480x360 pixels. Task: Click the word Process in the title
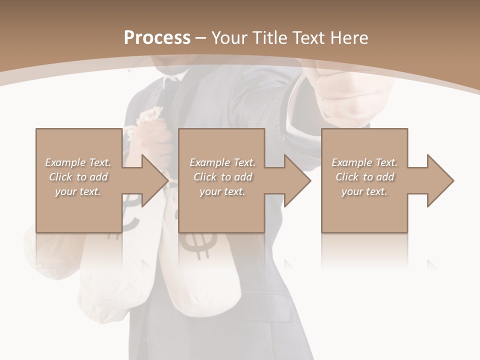[157, 37]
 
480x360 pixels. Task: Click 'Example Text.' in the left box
[78, 162]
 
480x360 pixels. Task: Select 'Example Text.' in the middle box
[222, 162]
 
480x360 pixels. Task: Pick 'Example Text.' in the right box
[364, 162]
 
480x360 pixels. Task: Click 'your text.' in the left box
[78, 191]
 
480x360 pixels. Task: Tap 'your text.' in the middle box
[222, 191]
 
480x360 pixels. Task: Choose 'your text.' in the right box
[364, 191]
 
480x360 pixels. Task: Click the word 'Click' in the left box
[60, 177]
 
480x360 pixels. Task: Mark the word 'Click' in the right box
[347, 177]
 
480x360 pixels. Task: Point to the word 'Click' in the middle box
[205, 177]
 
